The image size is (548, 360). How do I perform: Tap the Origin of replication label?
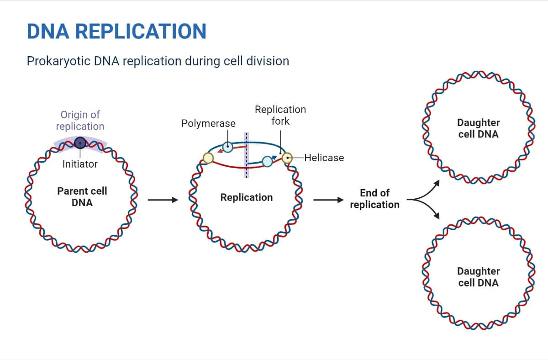point(80,120)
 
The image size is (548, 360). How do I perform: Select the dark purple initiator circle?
point(80,143)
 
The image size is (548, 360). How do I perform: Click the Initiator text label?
point(80,164)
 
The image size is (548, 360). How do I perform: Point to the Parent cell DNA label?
point(82,196)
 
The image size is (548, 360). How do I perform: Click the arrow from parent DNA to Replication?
point(162,200)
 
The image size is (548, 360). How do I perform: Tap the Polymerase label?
point(208,123)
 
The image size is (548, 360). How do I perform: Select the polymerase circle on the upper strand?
point(227,147)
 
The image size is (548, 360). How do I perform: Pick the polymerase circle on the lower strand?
point(267,161)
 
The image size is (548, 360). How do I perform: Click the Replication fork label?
point(280,115)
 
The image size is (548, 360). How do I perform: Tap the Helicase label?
point(324,158)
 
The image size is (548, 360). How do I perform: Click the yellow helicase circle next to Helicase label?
point(287,158)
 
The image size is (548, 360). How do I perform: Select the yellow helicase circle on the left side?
point(208,158)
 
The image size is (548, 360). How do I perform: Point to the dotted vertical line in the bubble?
point(247,155)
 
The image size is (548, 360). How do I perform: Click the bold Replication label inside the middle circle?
point(246,197)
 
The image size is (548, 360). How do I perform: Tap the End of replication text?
point(374,199)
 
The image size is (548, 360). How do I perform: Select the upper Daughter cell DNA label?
point(478,128)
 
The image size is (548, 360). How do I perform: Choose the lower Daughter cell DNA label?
point(478,277)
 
